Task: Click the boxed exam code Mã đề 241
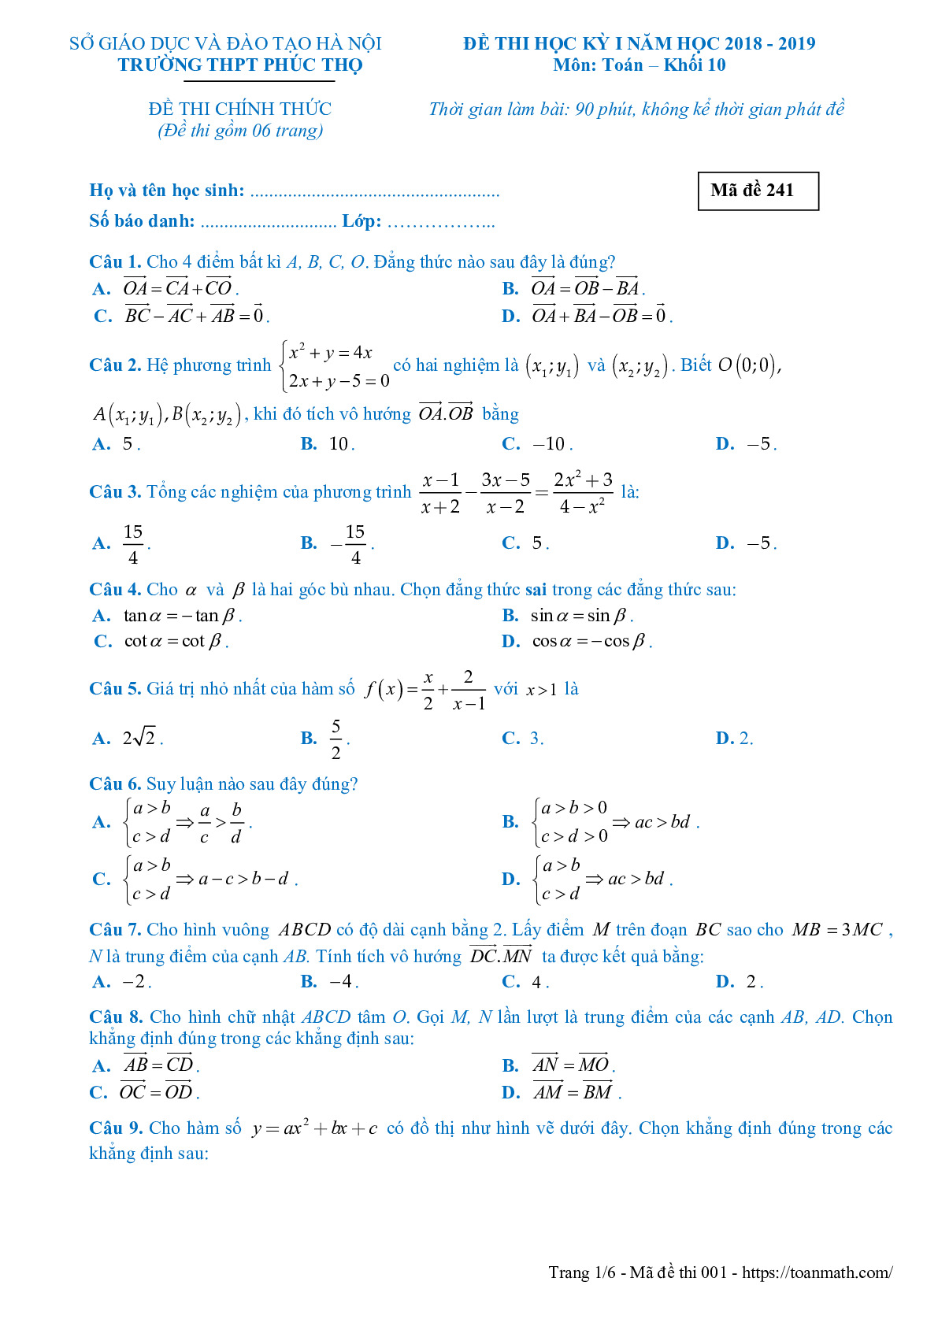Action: [x=758, y=191]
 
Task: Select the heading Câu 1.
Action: [x=115, y=262]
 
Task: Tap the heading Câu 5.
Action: [x=115, y=689]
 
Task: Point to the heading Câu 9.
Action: [x=116, y=1128]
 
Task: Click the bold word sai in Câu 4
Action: [x=536, y=590]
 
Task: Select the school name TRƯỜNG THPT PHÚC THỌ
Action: [x=240, y=65]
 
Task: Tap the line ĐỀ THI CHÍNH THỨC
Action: [x=239, y=109]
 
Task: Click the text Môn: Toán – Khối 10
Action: [x=639, y=65]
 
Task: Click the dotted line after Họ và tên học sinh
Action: [x=374, y=191]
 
